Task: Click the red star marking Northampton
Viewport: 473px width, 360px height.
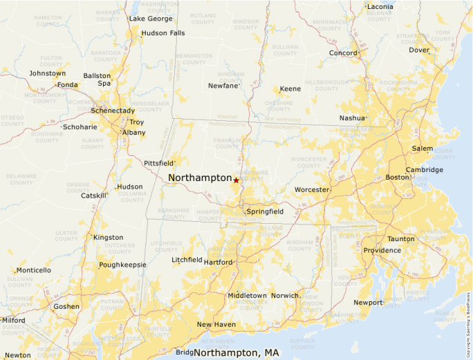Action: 236,180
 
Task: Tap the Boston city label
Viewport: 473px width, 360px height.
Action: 398,178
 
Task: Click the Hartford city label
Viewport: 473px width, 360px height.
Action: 218,262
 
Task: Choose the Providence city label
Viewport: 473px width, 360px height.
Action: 382,250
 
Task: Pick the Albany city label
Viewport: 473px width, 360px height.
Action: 133,132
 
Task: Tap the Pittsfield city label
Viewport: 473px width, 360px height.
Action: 158,163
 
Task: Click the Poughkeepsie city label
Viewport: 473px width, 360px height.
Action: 122,265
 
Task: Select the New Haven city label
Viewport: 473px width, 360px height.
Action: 216,324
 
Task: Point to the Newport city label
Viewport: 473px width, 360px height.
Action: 367,303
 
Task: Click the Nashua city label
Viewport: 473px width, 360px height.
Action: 351,118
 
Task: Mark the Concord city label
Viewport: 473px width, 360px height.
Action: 343,53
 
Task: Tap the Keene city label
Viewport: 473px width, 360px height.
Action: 290,89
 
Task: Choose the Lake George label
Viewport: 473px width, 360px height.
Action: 151,19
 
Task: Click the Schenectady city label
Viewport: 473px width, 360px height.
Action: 113,111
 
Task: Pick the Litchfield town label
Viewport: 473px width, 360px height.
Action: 187,260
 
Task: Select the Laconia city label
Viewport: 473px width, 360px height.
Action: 380,7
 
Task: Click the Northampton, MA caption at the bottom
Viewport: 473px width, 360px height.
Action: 236,353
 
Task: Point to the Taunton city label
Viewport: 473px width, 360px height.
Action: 401,239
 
